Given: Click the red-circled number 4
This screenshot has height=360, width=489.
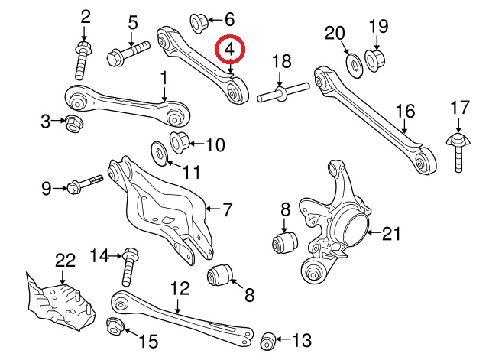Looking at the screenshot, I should click(x=231, y=52).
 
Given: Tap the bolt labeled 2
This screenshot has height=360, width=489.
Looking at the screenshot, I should click(x=83, y=58).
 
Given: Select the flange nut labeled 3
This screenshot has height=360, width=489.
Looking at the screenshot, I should click(x=74, y=122).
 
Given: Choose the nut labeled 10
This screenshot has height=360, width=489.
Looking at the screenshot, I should click(x=180, y=142).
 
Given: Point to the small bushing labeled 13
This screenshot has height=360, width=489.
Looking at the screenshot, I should click(x=269, y=339).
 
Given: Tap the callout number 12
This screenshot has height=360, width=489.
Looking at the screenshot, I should click(x=179, y=289).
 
